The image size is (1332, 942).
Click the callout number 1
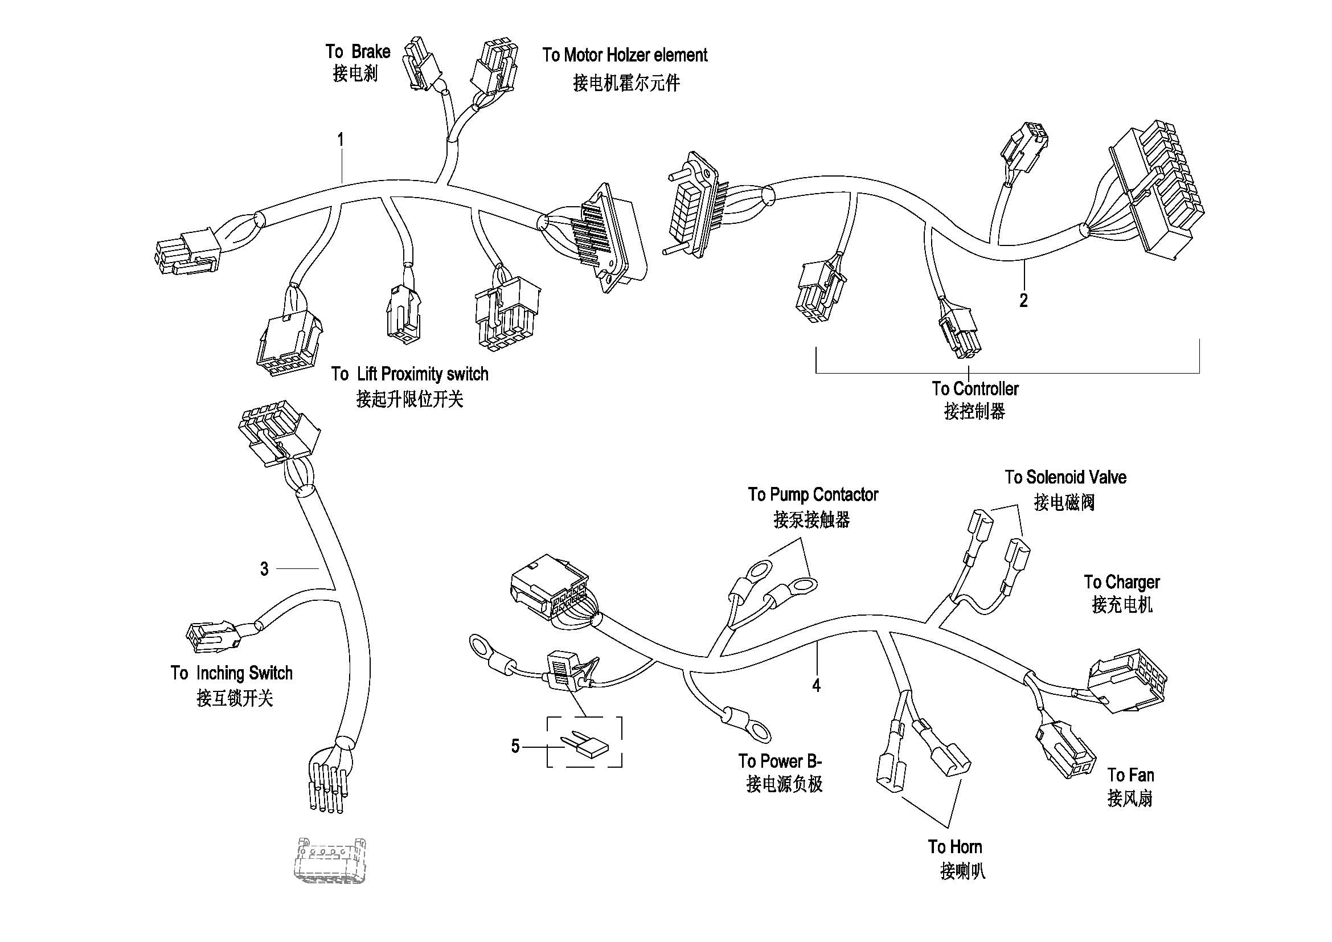341,140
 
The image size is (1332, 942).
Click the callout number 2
1023,301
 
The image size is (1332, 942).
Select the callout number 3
264,569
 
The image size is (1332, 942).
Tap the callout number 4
816,686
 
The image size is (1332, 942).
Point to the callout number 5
515,746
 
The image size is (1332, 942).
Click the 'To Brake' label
358,52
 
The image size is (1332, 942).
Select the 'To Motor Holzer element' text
625,55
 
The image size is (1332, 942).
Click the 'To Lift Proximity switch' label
409,374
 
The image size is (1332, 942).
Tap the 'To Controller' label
974,388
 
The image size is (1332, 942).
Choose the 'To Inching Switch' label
231,673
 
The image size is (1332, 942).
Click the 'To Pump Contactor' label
813,495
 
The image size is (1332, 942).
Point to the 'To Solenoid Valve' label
1065,477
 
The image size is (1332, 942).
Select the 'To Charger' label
1121,582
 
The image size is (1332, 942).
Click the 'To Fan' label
1130,776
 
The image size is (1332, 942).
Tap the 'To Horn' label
955,847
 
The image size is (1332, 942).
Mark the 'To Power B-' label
780,761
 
